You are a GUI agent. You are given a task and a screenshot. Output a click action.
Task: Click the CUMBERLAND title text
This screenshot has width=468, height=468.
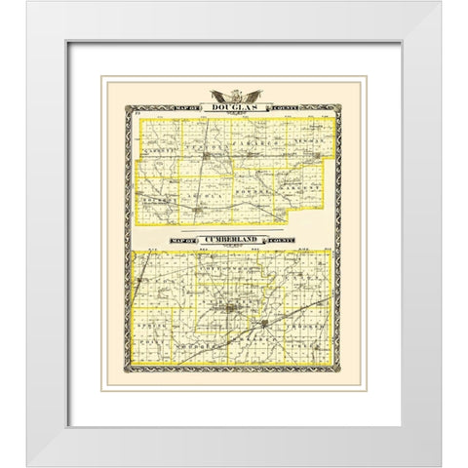(234, 238)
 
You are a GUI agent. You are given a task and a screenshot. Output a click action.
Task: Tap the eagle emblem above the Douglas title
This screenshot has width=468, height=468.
(234, 94)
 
